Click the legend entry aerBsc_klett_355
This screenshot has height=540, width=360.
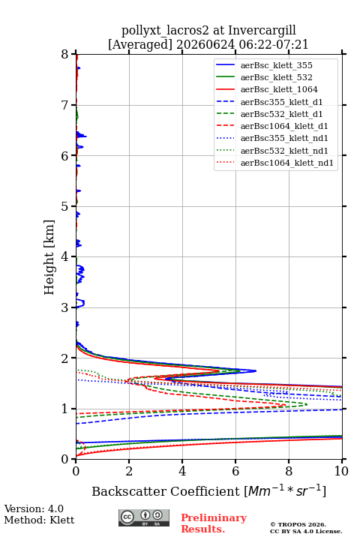click(276, 65)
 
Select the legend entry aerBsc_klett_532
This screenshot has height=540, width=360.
click(276, 77)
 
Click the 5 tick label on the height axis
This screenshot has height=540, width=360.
click(65, 206)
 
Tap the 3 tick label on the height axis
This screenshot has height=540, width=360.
click(65, 307)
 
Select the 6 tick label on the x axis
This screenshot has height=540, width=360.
click(235, 471)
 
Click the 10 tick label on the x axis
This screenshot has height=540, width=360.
click(341, 471)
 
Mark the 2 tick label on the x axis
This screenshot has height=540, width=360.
click(129, 471)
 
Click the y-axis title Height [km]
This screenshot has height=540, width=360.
click(49, 257)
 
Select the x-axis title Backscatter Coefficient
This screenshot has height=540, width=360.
click(166, 491)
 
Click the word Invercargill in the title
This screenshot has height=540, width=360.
click(262, 31)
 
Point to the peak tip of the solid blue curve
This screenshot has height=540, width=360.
click(256, 371)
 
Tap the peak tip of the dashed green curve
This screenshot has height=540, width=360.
click(307, 404)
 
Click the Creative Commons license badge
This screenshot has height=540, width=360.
click(144, 518)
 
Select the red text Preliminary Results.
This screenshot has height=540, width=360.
click(214, 523)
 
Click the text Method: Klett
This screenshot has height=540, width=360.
click(39, 520)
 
